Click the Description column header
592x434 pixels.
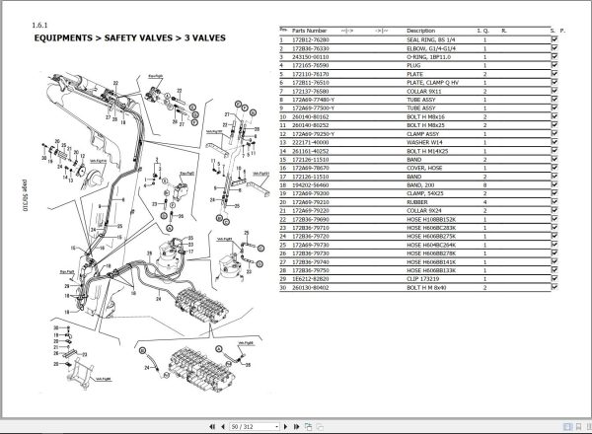(x=421, y=31)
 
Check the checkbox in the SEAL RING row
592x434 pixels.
(x=555, y=38)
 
